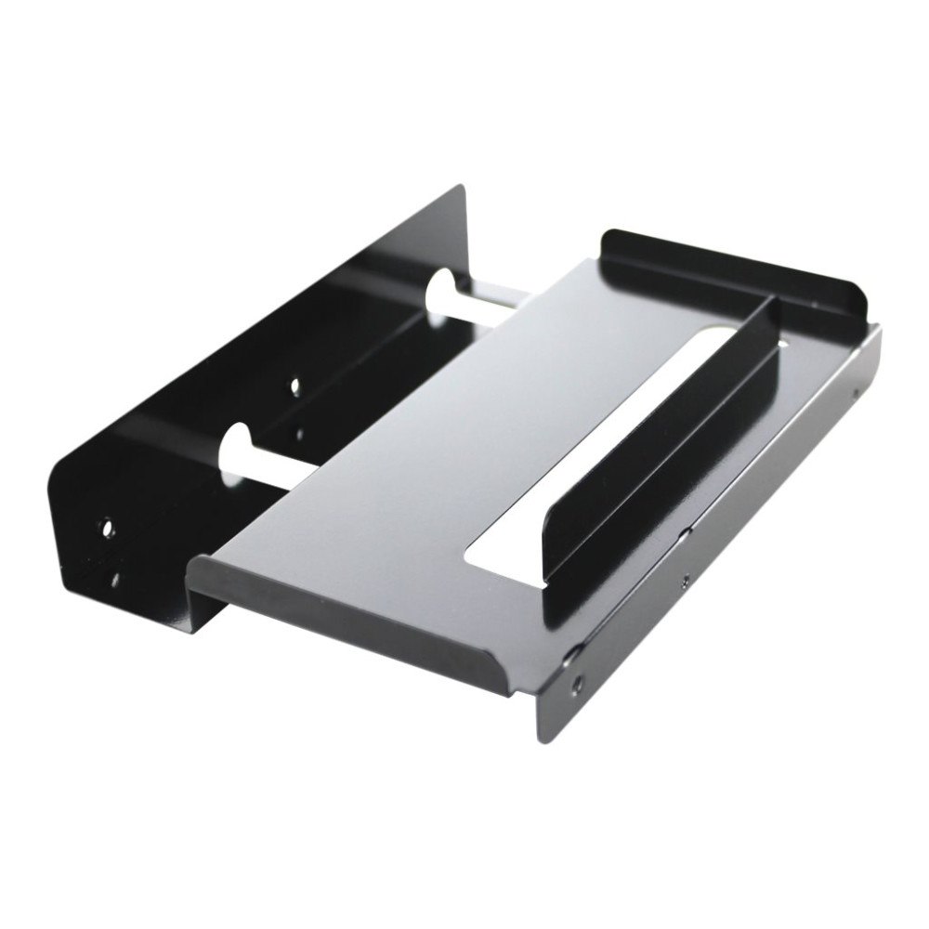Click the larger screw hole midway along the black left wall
point(295,384)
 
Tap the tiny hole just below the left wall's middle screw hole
point(299,432)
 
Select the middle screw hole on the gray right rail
point(686,579)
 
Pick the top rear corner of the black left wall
point(462,190)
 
